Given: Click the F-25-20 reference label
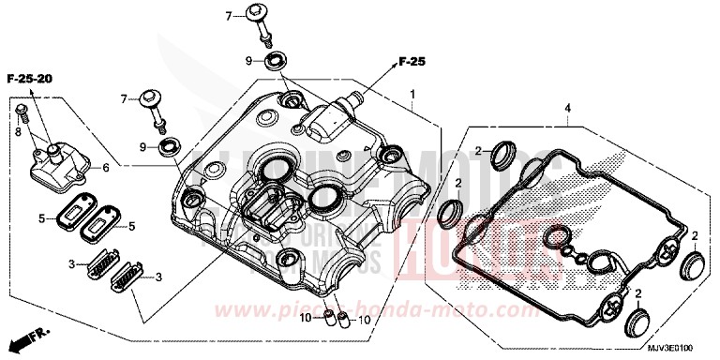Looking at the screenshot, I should point(29,82).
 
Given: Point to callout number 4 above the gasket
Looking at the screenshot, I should point(568,109).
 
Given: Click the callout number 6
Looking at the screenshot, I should point(105,167).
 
